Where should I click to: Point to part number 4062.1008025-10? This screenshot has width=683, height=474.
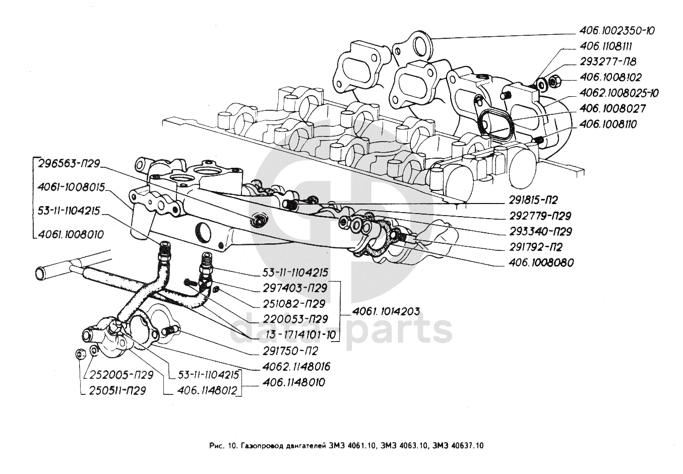(619, 93)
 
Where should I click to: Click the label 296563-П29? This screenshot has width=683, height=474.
(68, 163)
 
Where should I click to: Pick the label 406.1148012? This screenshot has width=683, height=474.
(207, 391)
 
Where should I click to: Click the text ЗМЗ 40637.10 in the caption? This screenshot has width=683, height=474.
(458, 445)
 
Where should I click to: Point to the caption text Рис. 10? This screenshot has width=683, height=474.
(222, 445)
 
